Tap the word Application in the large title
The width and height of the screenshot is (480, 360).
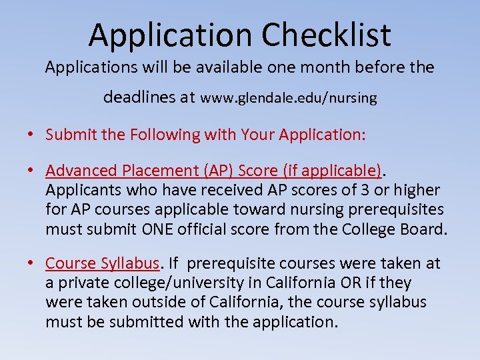point(170,35)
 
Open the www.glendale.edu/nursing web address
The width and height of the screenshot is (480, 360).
point(289,98)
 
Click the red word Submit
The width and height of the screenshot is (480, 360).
point(67,135)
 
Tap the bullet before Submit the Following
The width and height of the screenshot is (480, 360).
point(31,135)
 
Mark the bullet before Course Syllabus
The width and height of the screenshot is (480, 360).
point(31,264)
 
